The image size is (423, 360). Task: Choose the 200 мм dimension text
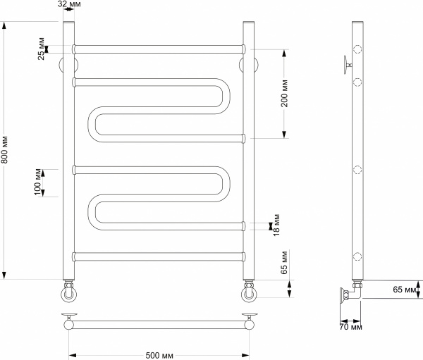(285, 93)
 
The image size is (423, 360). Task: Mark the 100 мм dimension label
(39, 182)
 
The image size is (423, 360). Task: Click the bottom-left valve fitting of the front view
(69, 290)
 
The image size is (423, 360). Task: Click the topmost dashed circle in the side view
(357, 50)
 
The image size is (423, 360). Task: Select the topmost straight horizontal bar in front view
(159, 49)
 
